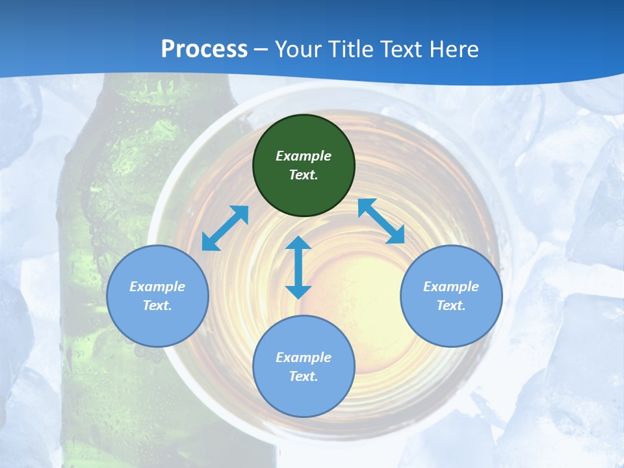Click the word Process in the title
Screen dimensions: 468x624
[x=204, y=49]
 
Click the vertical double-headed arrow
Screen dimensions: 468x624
[x=298, y=267]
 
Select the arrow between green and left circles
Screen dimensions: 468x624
[x=225, y=228]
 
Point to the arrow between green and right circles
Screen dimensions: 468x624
[x=382, y=221]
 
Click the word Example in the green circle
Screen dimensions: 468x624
[x=304, y=156]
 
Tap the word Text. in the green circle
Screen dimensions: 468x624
[x=304, y=175]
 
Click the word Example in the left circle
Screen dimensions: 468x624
[x=157, y=287]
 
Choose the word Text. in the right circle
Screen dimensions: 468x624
[x=451, y=305]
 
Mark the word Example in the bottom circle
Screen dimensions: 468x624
[x=304, y=357]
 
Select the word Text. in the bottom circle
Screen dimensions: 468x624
[x=304, y=376]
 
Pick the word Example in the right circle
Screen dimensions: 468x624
[x=451, y=287]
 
